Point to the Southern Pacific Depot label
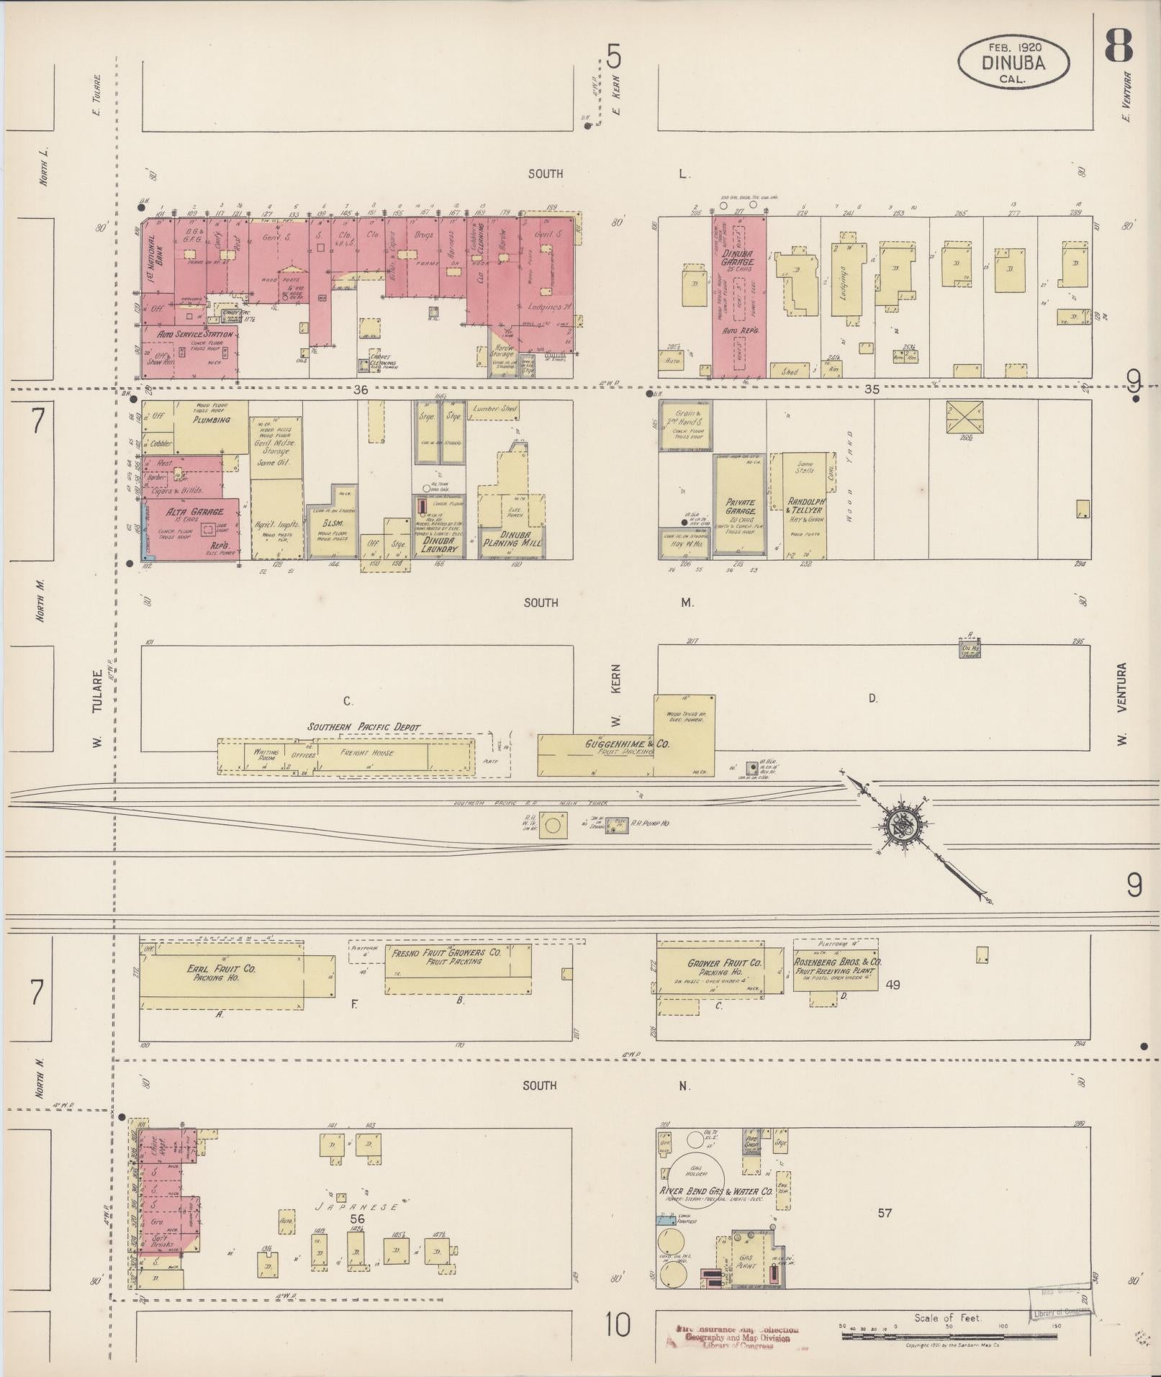tap(364, 727)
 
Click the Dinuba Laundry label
tap(439, 543)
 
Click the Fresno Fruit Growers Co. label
tap(446, 954)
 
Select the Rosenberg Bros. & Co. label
tap(838, 961)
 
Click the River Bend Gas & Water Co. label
tap(716, 1191)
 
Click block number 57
tap(885, 1213)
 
